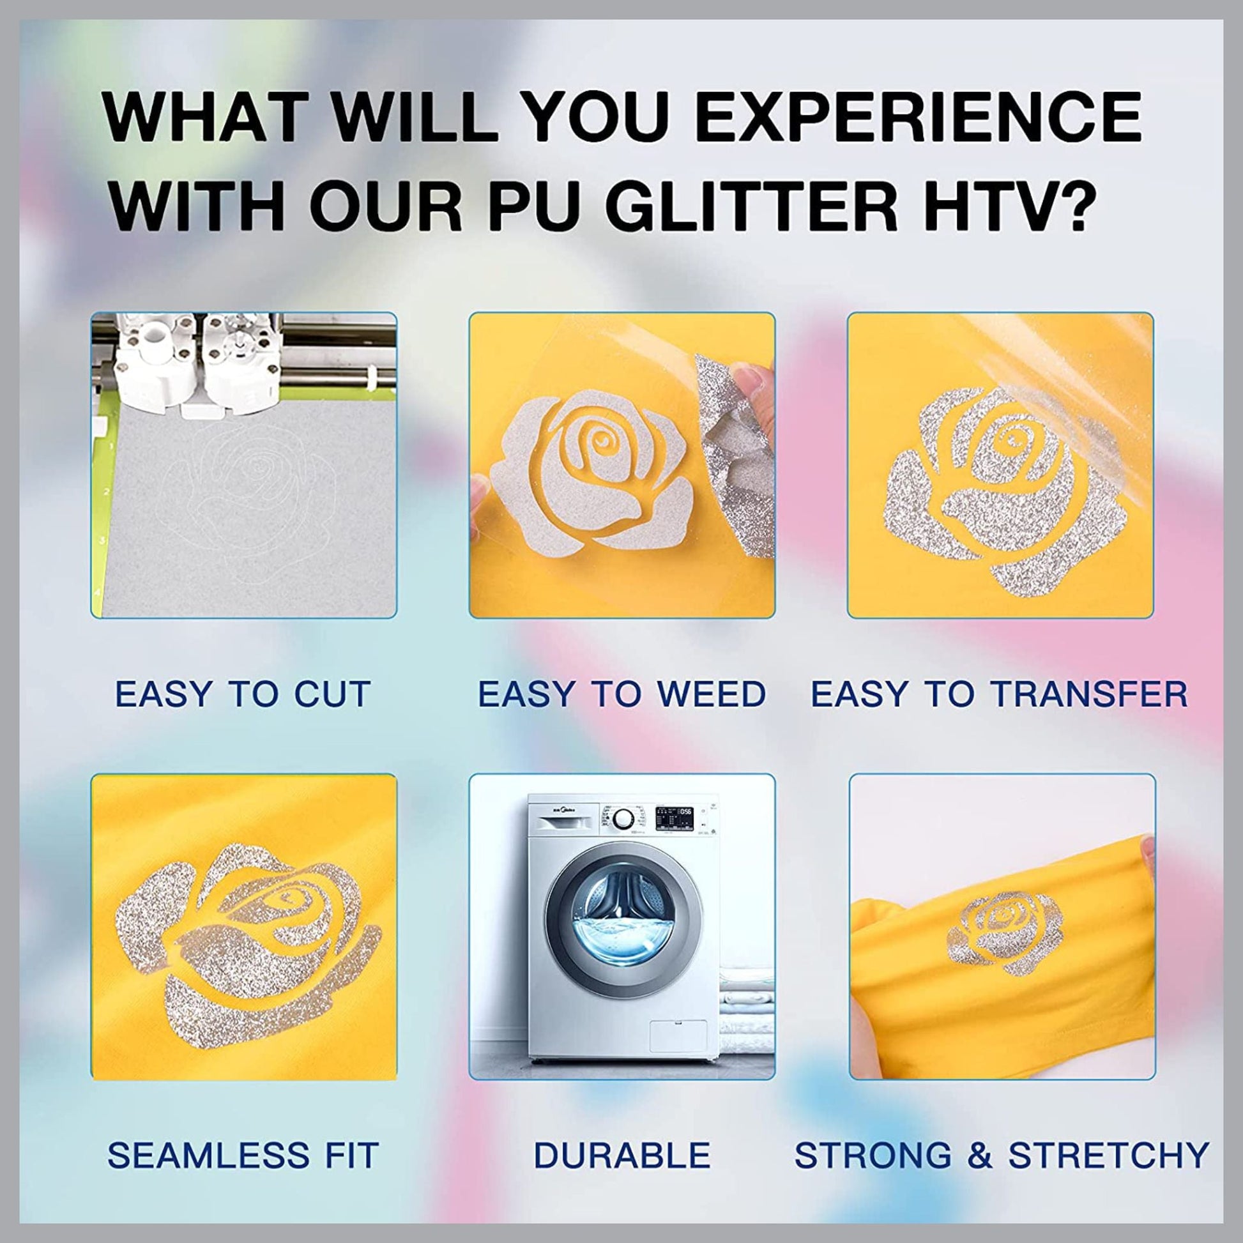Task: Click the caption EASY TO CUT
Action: coord(243,694)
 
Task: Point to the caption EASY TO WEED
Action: coord(621,694)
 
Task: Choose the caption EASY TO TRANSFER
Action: coord(999,694)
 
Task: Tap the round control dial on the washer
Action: coord(622,821)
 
